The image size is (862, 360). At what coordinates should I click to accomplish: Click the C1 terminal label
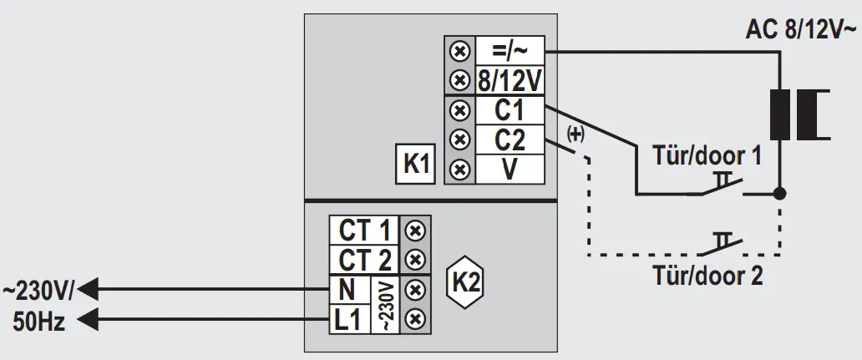tap(510, 110)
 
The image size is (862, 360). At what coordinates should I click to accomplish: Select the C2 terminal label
tap(510, 139)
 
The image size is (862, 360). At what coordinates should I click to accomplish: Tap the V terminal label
tap(510, 169)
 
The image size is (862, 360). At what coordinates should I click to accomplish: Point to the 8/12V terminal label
tap(510, 81)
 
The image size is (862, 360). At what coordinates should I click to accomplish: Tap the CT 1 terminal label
tap(365, 229)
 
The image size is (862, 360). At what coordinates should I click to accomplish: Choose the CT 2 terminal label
tap(365, 258)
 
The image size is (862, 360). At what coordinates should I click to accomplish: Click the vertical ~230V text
tap(385, 304)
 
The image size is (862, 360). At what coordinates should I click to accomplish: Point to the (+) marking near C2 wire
tap(576, 133)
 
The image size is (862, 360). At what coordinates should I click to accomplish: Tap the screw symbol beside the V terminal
tap(459, 169)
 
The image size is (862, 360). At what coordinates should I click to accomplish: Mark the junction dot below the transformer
tap(780, 194)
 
